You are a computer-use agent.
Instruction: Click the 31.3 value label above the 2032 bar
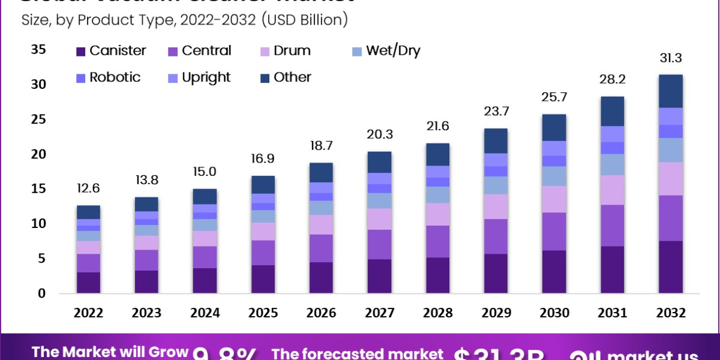(x=670, y=58)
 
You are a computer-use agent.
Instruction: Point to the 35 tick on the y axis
(x=38, y=50)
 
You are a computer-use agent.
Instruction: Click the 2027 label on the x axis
(x=380, y=313)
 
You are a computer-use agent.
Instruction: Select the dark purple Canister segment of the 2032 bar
(x=670, y=267)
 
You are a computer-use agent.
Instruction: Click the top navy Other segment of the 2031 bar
(x=613, y=111)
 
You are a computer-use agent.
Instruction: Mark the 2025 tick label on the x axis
(x=263, y=313)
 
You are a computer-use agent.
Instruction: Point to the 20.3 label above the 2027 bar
(x=380, y=136)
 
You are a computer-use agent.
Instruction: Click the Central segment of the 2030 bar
(x=554, y=232)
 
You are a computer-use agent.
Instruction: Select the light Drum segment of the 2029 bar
(x=496, y=206)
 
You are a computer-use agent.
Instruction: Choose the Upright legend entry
(x=206, y=77)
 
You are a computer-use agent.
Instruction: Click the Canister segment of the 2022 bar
(x=88, y=283)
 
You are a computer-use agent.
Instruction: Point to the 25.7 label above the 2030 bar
(x=554, y=97)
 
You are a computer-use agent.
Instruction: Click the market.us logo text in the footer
(x=651, y=354)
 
